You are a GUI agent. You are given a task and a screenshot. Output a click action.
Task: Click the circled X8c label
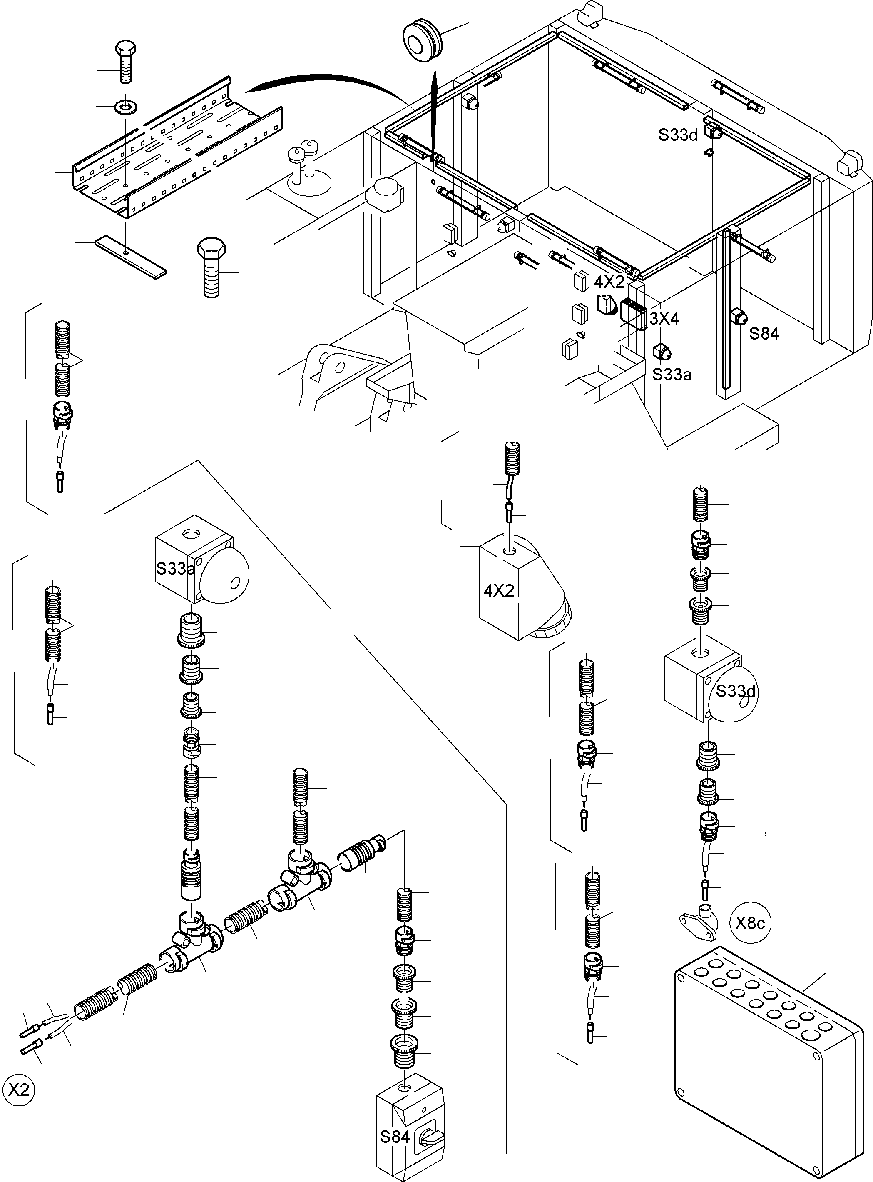(750, 923)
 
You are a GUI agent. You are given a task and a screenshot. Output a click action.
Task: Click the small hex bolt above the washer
(125, 61)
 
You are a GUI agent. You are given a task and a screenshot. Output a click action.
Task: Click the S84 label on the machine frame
(764, 334)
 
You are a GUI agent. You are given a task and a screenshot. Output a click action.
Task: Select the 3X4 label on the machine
(664, 318)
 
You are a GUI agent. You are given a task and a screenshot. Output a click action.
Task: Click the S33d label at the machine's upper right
(678, 135)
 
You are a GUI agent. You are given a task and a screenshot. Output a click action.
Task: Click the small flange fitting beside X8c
(699, 922)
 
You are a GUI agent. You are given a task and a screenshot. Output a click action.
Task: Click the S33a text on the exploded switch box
(175, 569)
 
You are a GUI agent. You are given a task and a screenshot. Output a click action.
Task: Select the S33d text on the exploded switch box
(736, 691)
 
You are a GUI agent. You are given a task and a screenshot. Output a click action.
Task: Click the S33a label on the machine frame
(672, 375)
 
